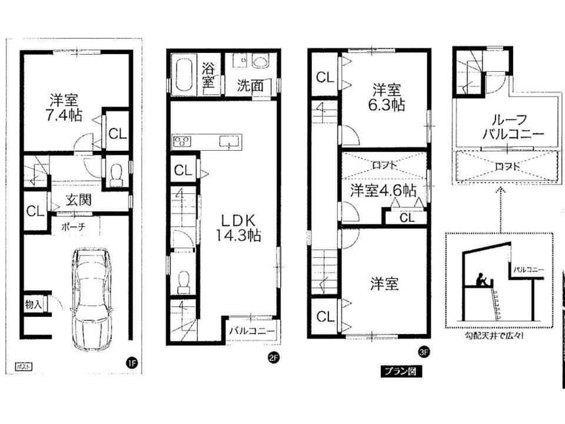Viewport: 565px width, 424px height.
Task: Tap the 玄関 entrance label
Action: tap(78, 200)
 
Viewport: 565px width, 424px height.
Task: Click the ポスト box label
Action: tap(22, 366)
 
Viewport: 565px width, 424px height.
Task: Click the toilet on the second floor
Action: tap(184, 281)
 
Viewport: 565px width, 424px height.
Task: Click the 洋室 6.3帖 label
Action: tap(387, 98)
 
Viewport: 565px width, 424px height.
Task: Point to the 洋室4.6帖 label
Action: tap(384, 190)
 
